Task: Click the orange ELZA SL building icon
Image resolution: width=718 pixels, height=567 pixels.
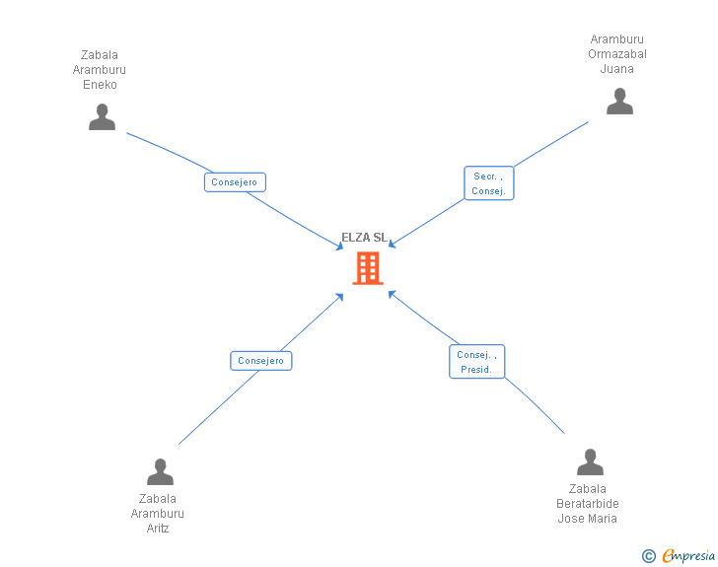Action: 368,268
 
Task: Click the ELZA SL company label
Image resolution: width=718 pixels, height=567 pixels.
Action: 364,238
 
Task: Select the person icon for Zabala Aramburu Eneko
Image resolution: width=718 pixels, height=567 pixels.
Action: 102,117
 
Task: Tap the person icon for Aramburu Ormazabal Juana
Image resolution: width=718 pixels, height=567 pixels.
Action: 619,102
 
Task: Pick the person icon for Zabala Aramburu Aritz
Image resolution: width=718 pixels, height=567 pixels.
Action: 160,472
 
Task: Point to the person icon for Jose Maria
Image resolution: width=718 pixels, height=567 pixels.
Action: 590,462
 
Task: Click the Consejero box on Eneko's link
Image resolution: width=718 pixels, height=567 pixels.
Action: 235,182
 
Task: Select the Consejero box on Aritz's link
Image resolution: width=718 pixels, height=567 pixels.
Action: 261,361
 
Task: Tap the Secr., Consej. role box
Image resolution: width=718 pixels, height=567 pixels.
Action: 489,183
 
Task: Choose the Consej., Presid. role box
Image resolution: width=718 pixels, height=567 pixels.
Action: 477,362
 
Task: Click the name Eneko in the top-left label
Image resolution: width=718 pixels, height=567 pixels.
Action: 100,85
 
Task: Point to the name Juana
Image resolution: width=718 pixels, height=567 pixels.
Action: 617,69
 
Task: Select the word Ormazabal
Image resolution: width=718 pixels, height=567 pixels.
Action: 617,54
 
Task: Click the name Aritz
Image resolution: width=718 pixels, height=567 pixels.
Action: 158,529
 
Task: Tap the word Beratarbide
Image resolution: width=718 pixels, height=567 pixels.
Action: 588,504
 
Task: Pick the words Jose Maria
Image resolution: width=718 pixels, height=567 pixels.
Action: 588,519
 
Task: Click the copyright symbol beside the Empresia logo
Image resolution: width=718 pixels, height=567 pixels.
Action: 648,556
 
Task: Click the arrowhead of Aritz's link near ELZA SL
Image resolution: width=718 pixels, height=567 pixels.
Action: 340,295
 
